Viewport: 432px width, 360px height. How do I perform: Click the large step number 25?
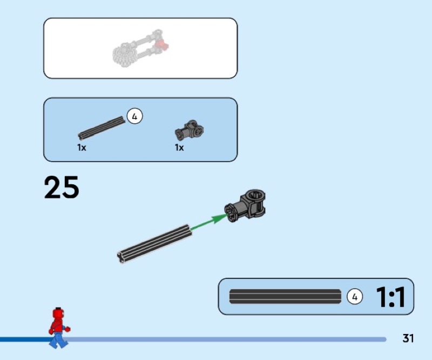(62, 187)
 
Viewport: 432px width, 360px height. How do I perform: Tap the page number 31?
(408, 339)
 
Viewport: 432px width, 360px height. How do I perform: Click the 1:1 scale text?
(390, 297)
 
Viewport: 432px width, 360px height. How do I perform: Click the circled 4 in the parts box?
(134, 116)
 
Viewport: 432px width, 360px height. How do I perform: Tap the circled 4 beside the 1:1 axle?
(354, 297)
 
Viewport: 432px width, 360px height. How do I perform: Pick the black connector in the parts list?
(189, 130)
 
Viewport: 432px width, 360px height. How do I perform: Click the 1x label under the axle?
(82, 148)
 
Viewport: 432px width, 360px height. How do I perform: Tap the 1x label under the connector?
(179, 148)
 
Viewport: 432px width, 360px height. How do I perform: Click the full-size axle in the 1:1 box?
(285, 297)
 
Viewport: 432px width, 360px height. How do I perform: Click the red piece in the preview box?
(161, 45)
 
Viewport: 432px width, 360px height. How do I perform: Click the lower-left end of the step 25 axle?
(122, 257)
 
